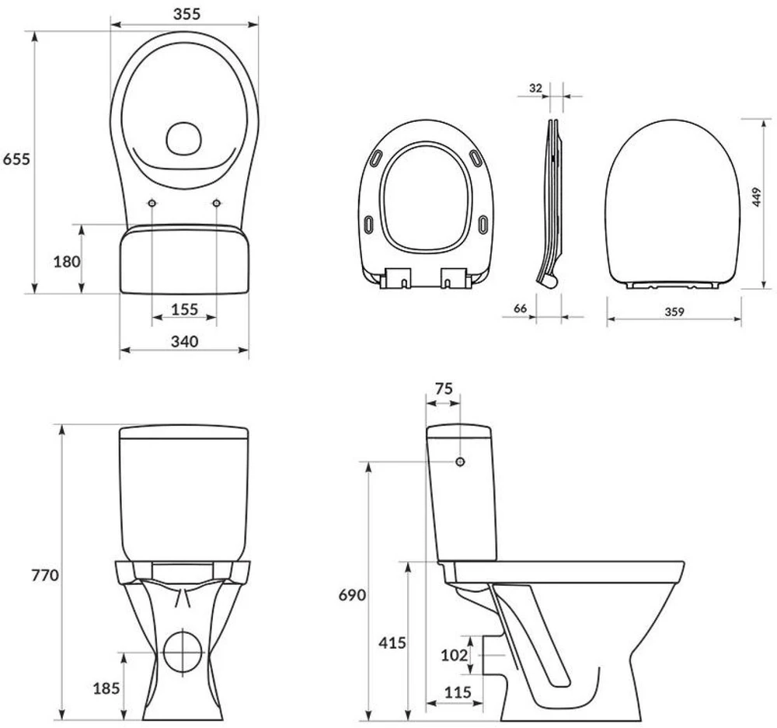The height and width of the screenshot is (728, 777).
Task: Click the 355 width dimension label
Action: coord(186,14)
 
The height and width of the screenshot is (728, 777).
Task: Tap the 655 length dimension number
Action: coord(17,159)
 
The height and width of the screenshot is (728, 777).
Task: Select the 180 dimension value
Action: coord(67,261)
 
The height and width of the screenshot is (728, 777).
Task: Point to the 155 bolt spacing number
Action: coord(184,309)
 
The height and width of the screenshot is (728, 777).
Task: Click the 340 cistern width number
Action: coord(184,341)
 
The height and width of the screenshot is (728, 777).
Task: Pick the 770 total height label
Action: coord(45,576)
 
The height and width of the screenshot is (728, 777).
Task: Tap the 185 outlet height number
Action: coord(106,688)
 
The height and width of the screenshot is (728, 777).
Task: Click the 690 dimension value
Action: coord(352,594)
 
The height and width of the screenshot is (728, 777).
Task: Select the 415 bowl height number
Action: coord(392,643)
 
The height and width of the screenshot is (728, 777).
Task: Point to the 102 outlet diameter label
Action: coord(455,655)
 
